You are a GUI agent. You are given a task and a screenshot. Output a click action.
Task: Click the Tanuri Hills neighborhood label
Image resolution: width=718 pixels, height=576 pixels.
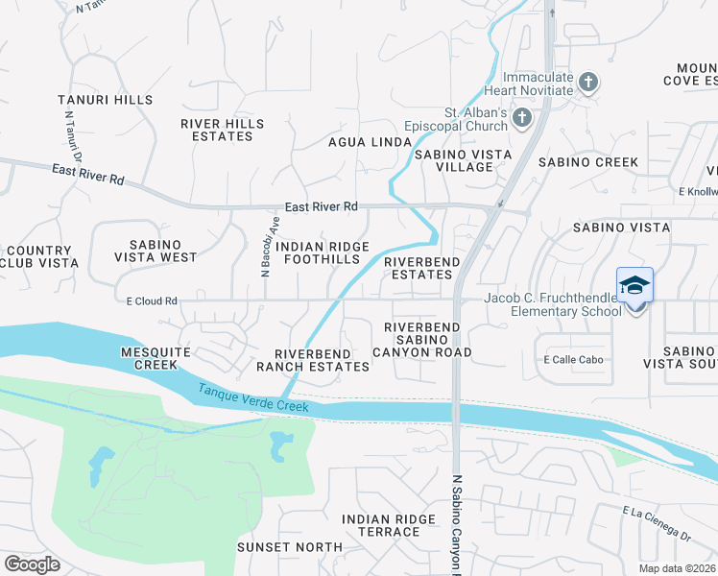point(105,100)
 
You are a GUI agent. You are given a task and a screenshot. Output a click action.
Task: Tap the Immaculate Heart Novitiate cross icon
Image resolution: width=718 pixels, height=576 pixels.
point(588,84)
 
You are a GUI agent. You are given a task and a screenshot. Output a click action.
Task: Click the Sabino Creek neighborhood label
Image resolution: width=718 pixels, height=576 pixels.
point(587,162)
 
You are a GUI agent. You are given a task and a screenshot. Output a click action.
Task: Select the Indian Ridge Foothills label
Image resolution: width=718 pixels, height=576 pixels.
point(323,252)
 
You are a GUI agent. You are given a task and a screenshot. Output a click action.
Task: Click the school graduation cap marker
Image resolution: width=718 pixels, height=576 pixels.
point(634,286)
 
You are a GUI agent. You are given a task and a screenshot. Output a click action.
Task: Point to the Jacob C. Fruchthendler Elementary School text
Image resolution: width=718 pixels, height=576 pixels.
point(552,304)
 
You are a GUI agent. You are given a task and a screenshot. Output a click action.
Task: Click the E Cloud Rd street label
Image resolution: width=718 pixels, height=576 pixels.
point(152,300)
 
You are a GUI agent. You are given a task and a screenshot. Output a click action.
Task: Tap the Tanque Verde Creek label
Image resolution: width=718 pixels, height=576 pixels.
point(253,398)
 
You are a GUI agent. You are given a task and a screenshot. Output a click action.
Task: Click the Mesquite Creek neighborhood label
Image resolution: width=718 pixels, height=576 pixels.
point(149,358)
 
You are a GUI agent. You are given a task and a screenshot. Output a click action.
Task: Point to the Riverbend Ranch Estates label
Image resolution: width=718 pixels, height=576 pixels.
point(313,359)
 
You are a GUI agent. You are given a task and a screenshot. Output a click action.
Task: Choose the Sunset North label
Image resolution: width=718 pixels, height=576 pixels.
point(290,547)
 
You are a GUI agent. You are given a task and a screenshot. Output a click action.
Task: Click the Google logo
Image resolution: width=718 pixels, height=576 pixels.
point(32,564)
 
